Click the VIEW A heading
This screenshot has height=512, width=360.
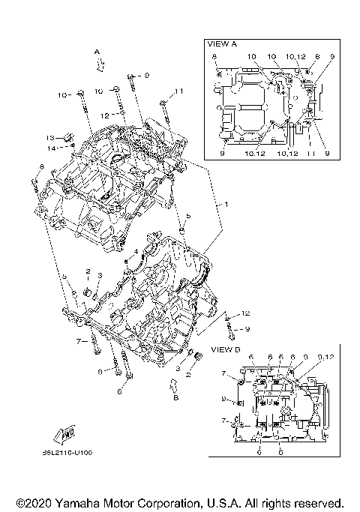pos(222,44)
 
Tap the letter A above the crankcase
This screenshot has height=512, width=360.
pos(96,50)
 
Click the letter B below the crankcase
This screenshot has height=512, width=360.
pos(176,397)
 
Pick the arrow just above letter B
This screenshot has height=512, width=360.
pos(174,385)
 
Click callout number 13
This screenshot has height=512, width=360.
pos(50,138)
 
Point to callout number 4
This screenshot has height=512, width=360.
pos(136,250)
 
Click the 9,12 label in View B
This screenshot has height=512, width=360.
pos(325,357)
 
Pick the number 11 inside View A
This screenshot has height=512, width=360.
pos(308,154)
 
